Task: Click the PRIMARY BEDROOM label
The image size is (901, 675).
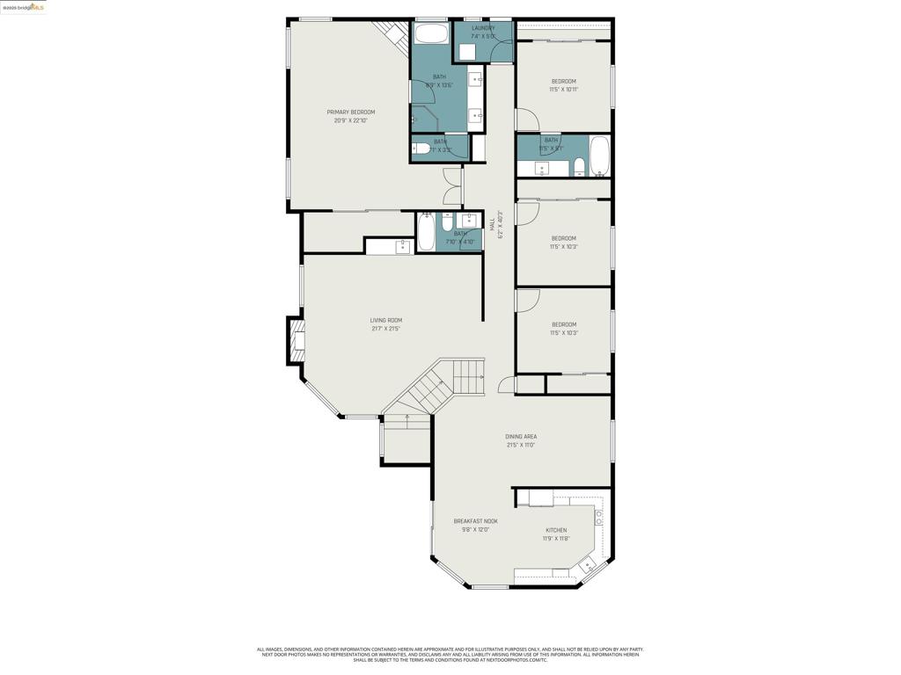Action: [350, 112]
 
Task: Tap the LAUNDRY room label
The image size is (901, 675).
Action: [483, 28]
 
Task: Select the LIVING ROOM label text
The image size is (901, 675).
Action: [385, 321]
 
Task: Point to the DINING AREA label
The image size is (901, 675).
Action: [520, 437]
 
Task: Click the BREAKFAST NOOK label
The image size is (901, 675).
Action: [475, 521]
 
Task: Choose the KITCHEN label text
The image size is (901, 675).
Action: [556, 530]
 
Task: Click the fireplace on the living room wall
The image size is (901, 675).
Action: [296, 340]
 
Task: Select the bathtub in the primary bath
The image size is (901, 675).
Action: [430, 34]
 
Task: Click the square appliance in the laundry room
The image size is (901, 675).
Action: [467, 52]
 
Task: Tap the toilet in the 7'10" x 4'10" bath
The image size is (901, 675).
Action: [447, 220]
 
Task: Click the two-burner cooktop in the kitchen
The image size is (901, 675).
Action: [599, 518]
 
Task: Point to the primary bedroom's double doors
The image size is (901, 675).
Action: [452, 186]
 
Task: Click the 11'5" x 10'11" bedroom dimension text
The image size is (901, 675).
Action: [563, 90]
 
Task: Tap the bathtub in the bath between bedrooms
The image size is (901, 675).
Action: [599, 156]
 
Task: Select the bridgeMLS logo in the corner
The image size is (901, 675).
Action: [24, 7]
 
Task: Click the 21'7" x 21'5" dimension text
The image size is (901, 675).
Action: [385, 329]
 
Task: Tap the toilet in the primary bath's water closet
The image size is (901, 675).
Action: [422, 149]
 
